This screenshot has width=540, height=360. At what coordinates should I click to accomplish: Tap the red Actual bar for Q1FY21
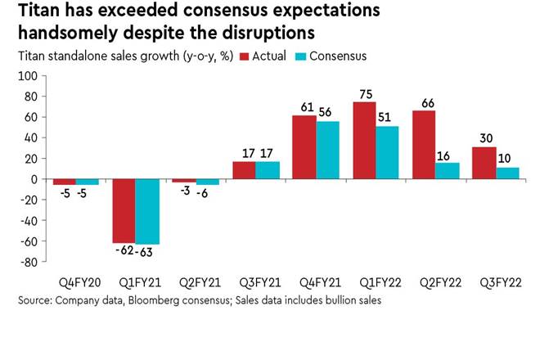tap(124, 210)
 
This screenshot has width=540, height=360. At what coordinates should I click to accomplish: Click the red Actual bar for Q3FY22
tap(484, 163)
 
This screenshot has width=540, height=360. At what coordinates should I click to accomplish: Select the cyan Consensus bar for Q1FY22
tap(387, 152)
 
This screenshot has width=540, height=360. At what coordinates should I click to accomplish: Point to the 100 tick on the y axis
tap(28, 76)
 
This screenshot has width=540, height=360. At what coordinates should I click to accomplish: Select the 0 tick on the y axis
tap(34, 179)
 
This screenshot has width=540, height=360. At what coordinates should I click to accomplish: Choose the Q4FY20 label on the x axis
tap(75, 282)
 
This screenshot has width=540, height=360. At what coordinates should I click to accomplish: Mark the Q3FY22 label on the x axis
tap(496, 282)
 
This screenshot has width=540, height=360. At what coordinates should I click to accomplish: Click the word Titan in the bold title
tap(38, 11)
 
